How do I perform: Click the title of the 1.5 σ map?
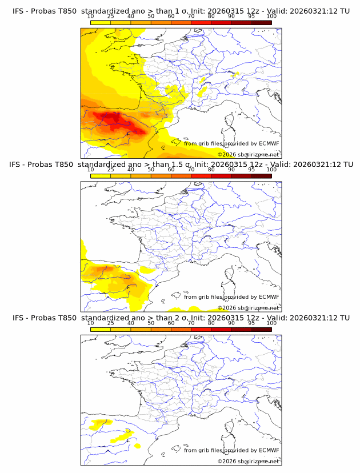[x=181, y=165]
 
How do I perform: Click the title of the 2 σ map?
[x=181, y=318]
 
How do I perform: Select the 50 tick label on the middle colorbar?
[x=151, y=170]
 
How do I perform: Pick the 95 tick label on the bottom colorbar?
[x=251, y=323]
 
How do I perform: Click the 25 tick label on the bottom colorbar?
[x=110, y=323]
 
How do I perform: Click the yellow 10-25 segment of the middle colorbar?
[x=100, y=176]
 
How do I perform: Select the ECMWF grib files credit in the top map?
[x=231, y=143]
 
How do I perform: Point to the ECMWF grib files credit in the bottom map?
[x=231, y=450]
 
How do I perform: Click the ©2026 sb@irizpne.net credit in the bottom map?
[x=249, y=461]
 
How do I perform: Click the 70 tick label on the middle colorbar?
[x=191, y=170]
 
